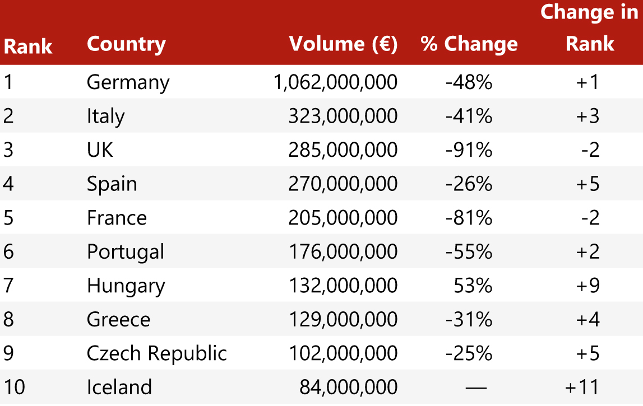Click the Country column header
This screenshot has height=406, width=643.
pyautogui.click(x=126, y=44)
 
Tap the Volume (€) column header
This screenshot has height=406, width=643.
pyautogui.click(x=343, y=44)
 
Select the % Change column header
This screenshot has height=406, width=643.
pyautogui.click(x=469, y=44)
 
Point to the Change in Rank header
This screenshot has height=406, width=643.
pyautogui.click(x=589, y=28)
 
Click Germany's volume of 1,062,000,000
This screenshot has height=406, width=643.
pyautogui.click(x=335, y=82)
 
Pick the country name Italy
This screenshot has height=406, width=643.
pyautogui.click(x=105, y=116)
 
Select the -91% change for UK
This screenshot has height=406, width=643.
pyautogui.click(x=469, y=150)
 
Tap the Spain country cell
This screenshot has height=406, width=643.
pyautogui.click(x=112, y=184)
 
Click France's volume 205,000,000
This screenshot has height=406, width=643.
pyautogui.click(x=343, y=218)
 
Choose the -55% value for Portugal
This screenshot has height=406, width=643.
pyautogui.click(x=469, y=252)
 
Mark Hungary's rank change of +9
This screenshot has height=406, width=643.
pyautogui.click(x=588, y=286)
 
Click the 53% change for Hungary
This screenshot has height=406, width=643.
pyautogui.click(x=474, y=286)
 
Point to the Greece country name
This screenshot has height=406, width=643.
pyautogui.click(x=118, y=320)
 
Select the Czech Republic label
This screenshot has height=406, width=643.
pyautogui.click(x=156, y=353)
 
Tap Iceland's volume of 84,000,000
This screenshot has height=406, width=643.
pyautogui.click(x=348, y=387)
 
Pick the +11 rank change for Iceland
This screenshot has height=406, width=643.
pyautogui.click(x=582, y=387)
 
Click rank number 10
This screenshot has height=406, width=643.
pyautogui.click(x=14, y=387)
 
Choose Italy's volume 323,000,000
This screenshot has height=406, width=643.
pyautogui.click(x=343, y=116)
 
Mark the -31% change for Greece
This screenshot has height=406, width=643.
pyautogui.click(x=469, y=320)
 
